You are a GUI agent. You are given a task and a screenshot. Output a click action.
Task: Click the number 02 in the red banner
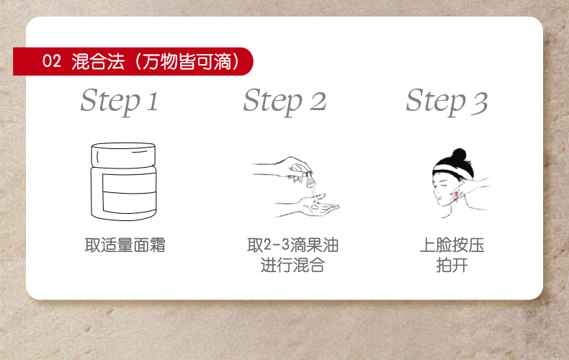pos(52,61)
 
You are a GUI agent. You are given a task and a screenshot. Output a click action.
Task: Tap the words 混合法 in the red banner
pos(98,61)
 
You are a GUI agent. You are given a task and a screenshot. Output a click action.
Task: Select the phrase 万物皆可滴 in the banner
pos(187,61)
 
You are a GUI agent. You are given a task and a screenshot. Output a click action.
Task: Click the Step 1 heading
pos(120,102)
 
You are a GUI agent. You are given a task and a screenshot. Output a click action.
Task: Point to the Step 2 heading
pos(285,102)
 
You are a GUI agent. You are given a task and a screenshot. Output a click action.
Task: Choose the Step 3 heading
pos(447,102)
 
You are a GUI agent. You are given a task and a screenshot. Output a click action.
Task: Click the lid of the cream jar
pos(123,155)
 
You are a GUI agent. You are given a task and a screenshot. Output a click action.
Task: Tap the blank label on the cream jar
pos(130,193)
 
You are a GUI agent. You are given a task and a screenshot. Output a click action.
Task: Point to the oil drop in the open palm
pos(315,207)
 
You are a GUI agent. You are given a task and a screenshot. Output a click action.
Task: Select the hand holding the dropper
pos(282,168)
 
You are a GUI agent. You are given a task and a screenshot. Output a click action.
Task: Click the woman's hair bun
pos(459,155)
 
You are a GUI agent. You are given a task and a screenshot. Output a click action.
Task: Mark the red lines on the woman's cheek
pos(454,197)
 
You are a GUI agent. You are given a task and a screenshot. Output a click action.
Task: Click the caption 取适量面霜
pos(125,245)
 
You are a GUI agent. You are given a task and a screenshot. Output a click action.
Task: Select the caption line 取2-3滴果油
pos(293,245)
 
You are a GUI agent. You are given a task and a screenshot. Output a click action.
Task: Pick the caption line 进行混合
pos(292,265)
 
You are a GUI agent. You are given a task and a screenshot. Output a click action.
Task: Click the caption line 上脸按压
pos(452,245)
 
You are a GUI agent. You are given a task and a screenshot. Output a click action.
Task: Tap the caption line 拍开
pos(452,265)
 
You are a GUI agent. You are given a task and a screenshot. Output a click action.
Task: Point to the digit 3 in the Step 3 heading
pos(480,103)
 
